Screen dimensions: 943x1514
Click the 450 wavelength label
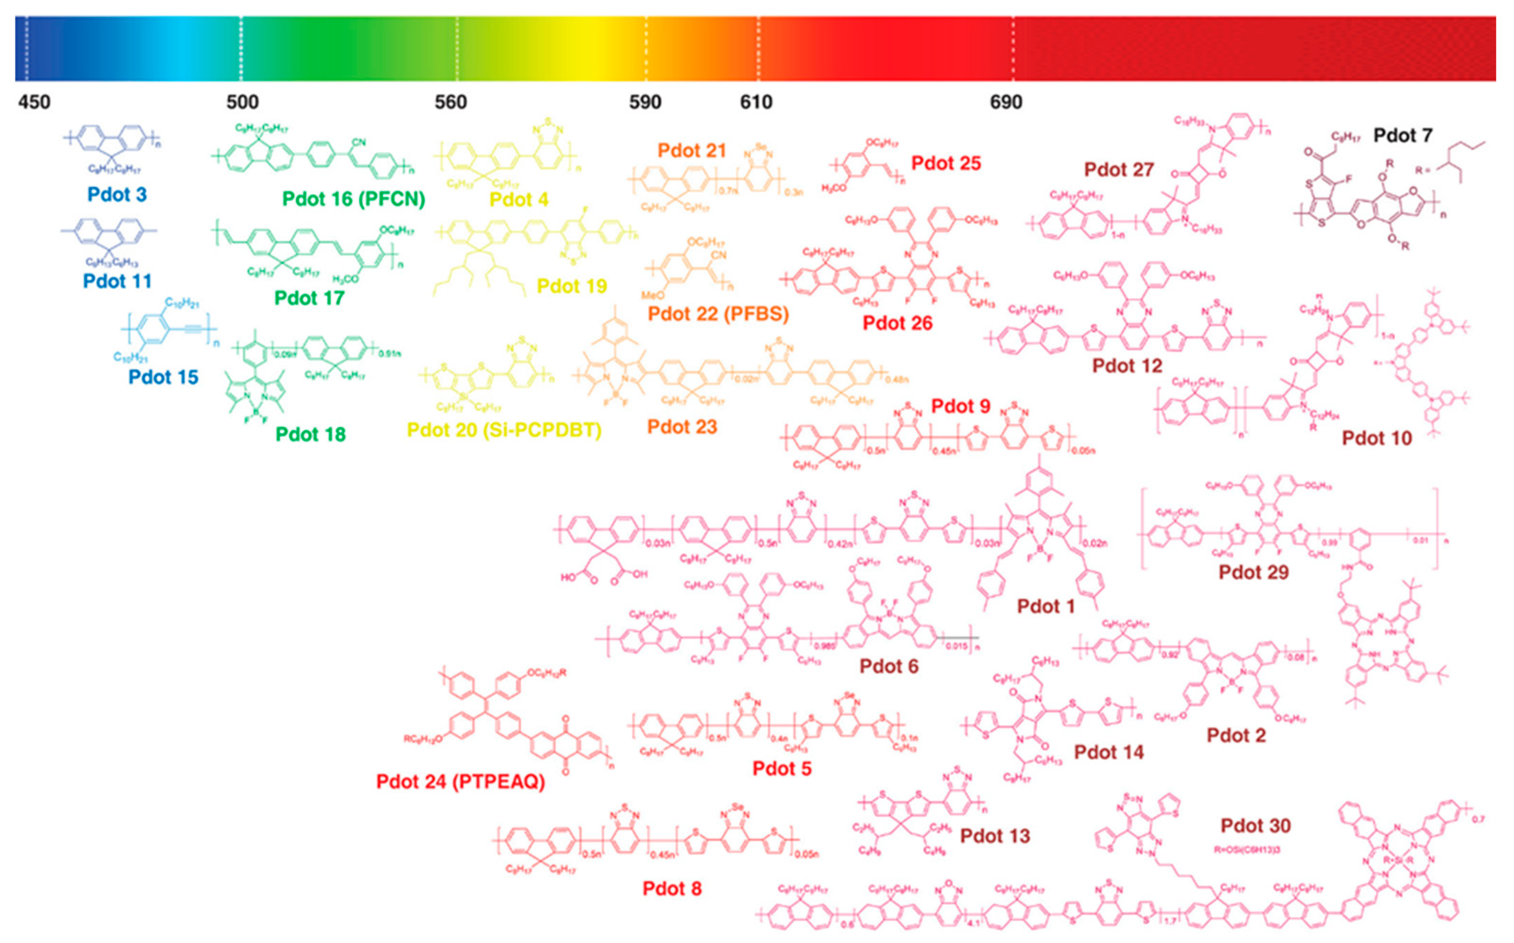[34, 102]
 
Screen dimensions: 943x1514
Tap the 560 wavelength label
[450, 102]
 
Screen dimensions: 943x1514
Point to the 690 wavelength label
[1006, 102]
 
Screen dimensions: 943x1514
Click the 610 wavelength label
[756, 102]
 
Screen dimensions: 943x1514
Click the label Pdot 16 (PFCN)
[354, 199]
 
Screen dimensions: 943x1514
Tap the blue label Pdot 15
[163, 377]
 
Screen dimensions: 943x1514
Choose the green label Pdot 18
[310, 434]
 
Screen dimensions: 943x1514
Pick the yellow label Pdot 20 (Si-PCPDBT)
[504, 430]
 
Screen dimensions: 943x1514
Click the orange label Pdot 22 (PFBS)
[718, 313]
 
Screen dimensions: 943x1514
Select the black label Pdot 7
[1403, 135]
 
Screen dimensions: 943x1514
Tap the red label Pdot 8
[672, 888]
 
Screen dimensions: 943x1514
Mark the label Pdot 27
[1119, 169]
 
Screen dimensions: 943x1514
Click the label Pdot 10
[1377, 438]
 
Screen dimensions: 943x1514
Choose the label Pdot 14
[1109, 752]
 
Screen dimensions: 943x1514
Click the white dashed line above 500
[241, 49]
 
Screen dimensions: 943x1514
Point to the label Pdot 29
[1253, 572]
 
